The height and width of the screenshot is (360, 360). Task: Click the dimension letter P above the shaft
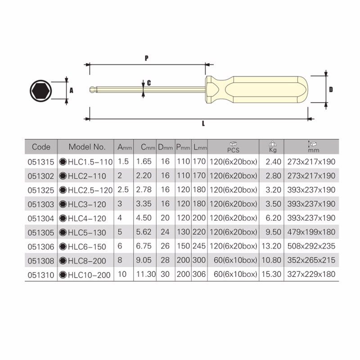pos(147,58)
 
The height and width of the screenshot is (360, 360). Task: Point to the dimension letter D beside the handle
pos(330,90)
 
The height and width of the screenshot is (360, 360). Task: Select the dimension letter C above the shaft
pos(148,83)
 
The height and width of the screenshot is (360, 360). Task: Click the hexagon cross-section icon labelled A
pos(40,91)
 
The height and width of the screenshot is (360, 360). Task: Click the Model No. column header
pos(87,147)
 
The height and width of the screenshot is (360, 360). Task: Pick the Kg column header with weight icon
pos(272,147)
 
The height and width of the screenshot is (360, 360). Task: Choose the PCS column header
pos(233,147)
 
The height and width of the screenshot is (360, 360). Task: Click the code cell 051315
pos(40,162)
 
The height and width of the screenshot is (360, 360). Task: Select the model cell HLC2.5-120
pos(86,190)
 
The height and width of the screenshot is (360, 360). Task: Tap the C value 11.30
pos(145,275)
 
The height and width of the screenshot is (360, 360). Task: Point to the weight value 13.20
pos(272,247)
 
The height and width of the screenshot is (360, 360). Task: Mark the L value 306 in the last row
pos(199,275)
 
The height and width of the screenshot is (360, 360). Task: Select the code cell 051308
pos(40,261)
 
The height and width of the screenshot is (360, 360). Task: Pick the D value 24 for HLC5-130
pos(166,233)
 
